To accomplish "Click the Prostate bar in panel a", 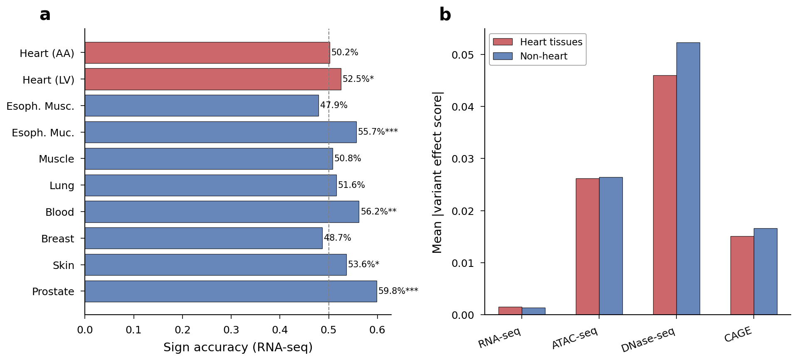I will (231, 291).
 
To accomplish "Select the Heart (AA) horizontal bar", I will (207, 53).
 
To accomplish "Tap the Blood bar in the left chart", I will (222, 212).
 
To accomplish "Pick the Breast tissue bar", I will (203, 238).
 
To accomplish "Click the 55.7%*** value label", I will (378, 132).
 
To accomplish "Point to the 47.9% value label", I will (333, 105).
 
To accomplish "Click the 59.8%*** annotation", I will (398, 291).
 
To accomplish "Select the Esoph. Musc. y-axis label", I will (40, 106).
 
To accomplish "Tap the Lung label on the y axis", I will (62, 186).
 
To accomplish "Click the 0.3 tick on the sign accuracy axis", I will (231, 330).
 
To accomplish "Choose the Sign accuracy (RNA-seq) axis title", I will (238, 348).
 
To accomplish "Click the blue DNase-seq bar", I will (688, 179).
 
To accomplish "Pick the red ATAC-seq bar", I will (587, 247).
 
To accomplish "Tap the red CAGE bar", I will (742, 276).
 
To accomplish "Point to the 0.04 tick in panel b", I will (462, 107).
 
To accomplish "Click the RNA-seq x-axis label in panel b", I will (499, 338).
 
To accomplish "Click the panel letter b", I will (445, 15).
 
